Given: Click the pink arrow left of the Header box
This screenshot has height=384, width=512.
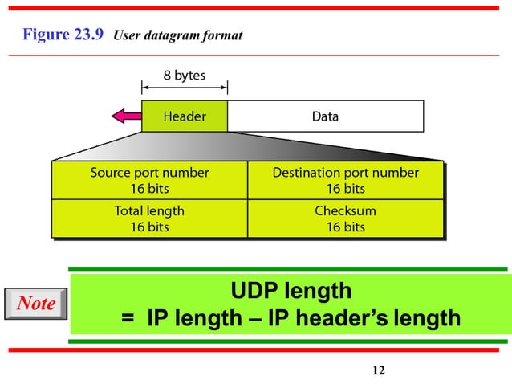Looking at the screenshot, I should [x=126, y=116].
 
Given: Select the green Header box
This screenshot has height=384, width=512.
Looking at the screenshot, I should [x=185, y=116].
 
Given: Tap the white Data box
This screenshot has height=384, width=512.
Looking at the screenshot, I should [x=325, y=116].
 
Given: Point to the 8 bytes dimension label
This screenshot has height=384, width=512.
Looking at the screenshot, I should [x=184, y=76].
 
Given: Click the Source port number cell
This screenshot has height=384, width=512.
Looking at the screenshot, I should [x=149, y=181].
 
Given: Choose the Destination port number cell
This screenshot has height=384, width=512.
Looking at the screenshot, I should [x=345, y=181].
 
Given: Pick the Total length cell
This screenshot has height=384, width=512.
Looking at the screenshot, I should [x=149, y=219].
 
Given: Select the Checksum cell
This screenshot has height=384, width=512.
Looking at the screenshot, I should [x=345, y=219].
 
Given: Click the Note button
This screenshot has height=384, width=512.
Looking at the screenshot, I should [x=35, y=304].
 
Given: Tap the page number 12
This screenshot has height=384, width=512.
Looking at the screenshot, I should [x=379, y=370].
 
